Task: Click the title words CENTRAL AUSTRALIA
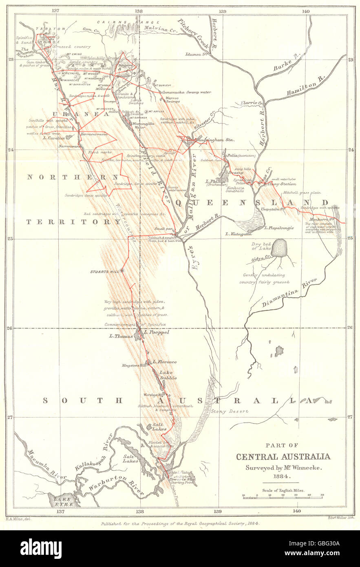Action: point(283,456)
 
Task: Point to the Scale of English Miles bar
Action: point(283,497)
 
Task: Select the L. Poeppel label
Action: point(156,332)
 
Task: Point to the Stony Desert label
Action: point(229,412)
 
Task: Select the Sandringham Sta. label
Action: point(215,140)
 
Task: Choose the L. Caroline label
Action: point(54,138)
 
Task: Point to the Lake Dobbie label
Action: point(168,375)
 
